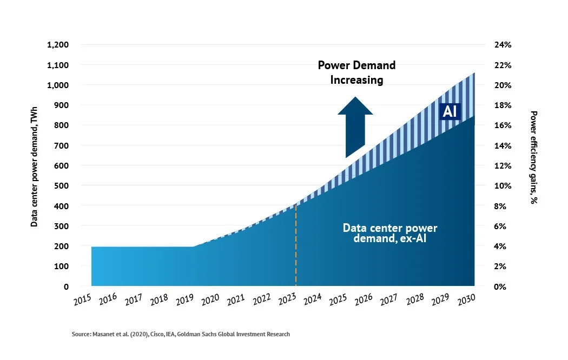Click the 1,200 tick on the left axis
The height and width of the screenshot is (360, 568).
(57, 45)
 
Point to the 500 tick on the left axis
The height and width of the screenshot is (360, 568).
(61, 186)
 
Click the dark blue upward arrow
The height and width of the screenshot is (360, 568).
(355, 127)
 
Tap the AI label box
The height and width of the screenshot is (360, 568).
(450, 111)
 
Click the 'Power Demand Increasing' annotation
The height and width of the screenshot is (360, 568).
(356, 72)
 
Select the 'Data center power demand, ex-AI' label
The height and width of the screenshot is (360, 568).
(389, 233)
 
